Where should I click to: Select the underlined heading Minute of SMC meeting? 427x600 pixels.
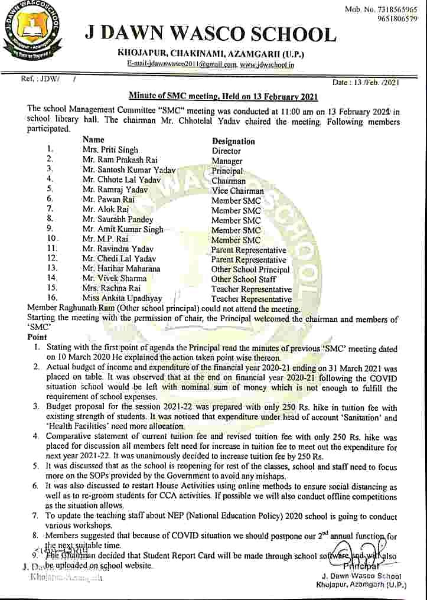[224, 96]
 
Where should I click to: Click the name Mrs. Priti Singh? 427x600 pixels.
[110, 151]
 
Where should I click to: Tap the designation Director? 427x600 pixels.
[226, 151]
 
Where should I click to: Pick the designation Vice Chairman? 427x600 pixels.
[237, 191]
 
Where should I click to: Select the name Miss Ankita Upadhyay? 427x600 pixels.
[122, 298]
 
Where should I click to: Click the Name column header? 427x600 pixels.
[94, 141]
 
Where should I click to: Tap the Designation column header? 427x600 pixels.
[233, 141]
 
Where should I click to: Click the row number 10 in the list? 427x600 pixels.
[51, 239]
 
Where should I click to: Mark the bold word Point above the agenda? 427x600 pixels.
[37, 337]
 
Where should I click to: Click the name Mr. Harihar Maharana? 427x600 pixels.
[121, 269]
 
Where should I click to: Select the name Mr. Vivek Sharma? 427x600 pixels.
[115, 279]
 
